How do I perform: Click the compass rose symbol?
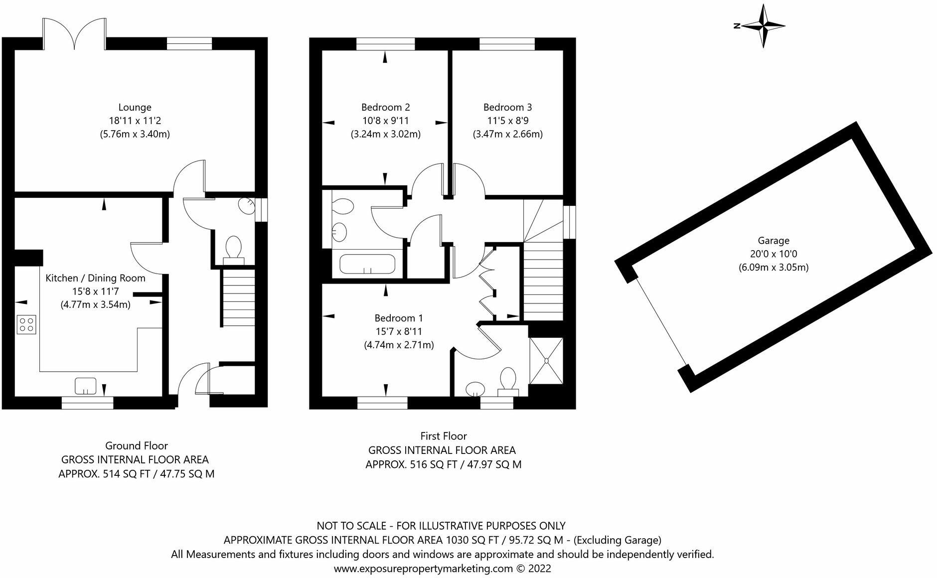[763, 26]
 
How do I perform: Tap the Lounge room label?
[135, 107]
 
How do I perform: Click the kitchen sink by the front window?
[85, 386]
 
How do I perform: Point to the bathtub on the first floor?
[367, 264]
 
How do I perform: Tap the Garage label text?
[773, 240]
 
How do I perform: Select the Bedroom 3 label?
[507, 107]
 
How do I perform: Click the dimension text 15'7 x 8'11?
[399, 331]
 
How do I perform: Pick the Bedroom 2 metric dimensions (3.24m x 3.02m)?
[386, 134]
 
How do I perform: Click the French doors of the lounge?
[75, 33]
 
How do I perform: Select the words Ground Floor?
[136, 445]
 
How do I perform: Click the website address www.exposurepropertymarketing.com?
[423, 569]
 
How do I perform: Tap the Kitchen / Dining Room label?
[96, 278]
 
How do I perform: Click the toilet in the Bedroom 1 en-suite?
[508, 382]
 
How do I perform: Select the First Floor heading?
[444, 436]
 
